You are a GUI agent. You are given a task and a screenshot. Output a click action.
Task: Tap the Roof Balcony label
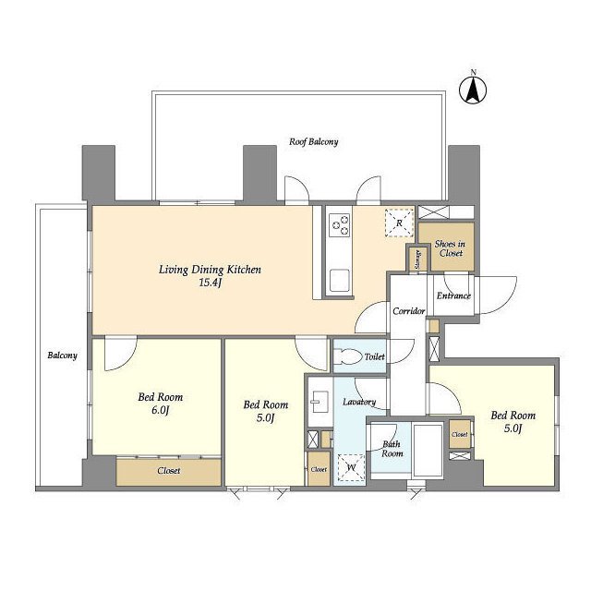(314, 141)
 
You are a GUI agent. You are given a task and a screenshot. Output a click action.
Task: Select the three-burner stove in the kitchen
(340, 224)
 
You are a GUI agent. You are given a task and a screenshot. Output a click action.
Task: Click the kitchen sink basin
(339, 280)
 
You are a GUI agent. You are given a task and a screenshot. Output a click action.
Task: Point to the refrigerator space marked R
(399, 223)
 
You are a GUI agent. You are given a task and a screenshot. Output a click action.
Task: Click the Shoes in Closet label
(450, 248)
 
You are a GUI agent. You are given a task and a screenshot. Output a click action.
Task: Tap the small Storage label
(418, 259)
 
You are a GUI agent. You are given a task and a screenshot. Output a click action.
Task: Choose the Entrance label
(453, 295)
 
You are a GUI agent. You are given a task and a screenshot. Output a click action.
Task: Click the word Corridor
(409, 311)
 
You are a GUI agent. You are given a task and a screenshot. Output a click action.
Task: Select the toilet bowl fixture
(347, 356)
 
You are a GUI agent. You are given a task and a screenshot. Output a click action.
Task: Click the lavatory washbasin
(320, 402)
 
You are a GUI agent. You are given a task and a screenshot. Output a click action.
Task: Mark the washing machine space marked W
(351, 468)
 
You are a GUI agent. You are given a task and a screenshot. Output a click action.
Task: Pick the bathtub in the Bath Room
(428, 450)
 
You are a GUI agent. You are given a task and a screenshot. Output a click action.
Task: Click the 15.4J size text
(210, 283)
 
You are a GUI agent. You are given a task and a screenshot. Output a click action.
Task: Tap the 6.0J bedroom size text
(160, 410)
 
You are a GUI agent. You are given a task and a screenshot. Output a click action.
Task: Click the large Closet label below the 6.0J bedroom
(169, 471)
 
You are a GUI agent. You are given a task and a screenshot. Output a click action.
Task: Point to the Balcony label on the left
(62, 356)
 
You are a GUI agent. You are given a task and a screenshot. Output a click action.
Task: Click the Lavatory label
(359, 403)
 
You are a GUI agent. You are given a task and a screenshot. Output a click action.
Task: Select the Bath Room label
(392, 449)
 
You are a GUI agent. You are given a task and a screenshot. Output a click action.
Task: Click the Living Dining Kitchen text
(210, 270)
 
